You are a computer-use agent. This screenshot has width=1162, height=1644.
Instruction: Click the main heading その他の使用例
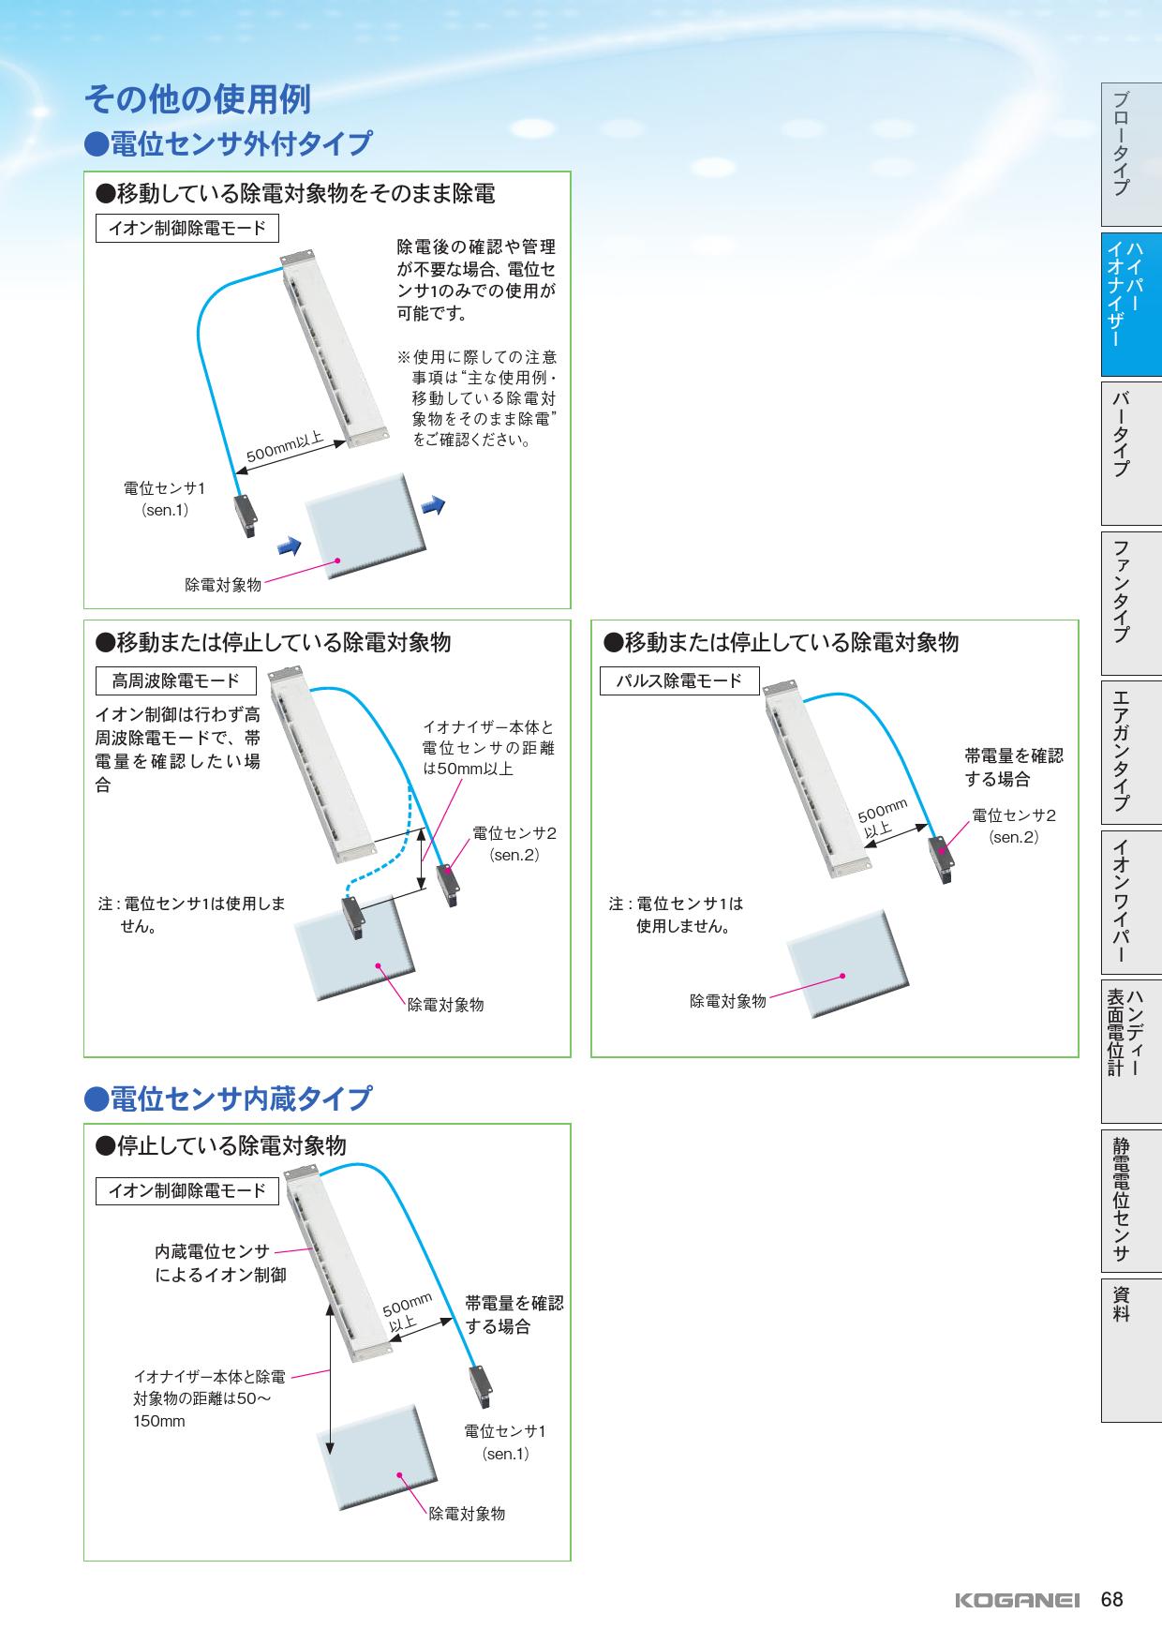click(x=197, y=97)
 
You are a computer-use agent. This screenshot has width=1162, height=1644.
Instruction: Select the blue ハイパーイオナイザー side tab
click(x=1131, y=304)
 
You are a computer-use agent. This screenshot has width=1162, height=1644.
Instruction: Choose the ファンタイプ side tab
click(x=1131, y=603)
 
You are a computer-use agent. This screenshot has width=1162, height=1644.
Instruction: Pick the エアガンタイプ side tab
click(x=1131, y=752)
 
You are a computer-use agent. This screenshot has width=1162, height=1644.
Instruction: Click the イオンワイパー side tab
click(x=1131, y=902)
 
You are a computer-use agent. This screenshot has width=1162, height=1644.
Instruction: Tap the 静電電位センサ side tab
click(x=1131, y=1201)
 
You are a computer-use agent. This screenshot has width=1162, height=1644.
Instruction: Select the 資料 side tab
click(x=1131, y=1350)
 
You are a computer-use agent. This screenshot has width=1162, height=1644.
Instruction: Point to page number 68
click(x=1112, y=1600)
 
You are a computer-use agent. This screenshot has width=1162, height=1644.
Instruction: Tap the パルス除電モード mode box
click(x=679, y=681)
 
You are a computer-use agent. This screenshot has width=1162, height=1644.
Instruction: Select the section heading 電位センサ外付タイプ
click(x=228, y=144)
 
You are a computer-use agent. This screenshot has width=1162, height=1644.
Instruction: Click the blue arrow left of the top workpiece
click(x=288, y=544)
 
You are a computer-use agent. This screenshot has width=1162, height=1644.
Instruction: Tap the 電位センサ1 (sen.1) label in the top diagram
click(x=164, y=500)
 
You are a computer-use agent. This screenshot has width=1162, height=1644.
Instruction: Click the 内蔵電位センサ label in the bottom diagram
click(x=212, y=1251)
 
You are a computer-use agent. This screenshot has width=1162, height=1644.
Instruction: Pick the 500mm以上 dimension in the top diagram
click(x=284, y=447)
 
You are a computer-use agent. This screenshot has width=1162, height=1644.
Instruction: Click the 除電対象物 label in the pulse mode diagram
click(x=728, y=1001)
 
